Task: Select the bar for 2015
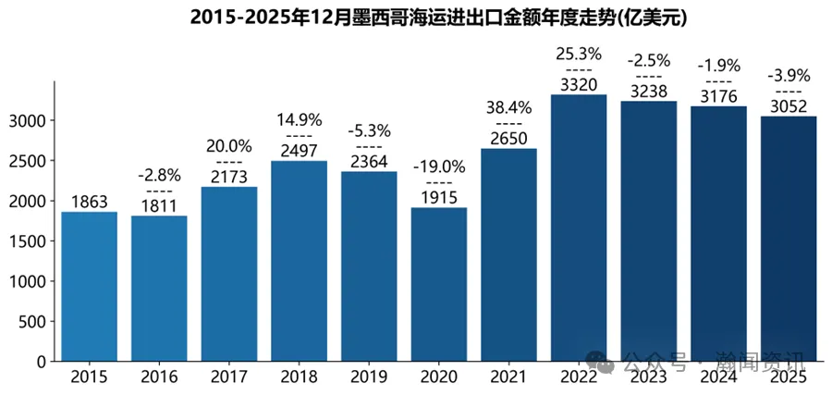point(90,287)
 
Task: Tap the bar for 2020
point(439,284)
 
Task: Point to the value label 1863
point(90,203)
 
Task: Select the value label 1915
point(439,198)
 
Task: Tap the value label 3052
point(789,106)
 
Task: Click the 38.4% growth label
point(508,107)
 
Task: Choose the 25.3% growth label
point(579,54)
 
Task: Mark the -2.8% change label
point(159,175)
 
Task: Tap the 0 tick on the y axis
point(43,362)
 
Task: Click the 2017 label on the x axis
point(229,377)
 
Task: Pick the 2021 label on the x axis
point(508,377)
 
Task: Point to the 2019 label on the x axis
point(369,377)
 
